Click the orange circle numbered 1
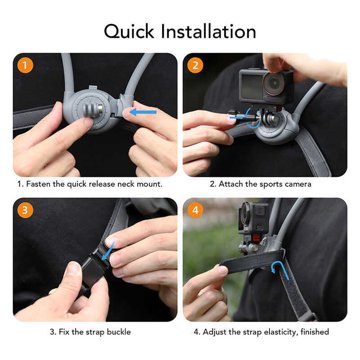click(x=25, y=65)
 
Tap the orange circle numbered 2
click(x=195, y=65)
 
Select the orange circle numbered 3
click(x=25, y=210)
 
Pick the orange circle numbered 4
click(x=195, y=210)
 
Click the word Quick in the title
click(x=129, y=31)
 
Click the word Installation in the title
click(x=208, y=31)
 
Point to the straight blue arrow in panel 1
click(x=143, y=112)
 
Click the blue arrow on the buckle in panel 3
click(x=108, y=251)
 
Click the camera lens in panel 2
click(x=274, y=83)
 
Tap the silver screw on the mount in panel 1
click(x=100, y=109)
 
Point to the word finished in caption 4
click(x=315, y=332)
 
